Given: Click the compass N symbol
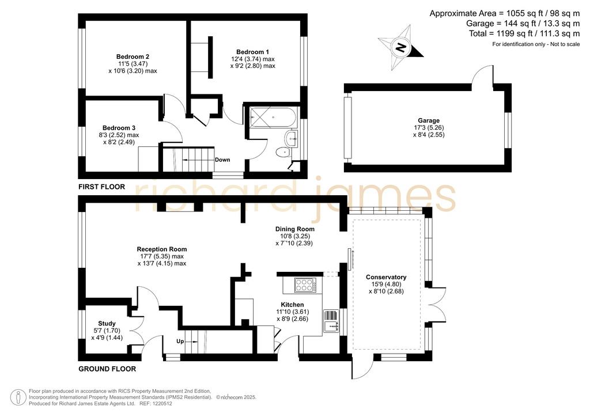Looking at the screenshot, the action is pyautogui.click(x=400, y=47).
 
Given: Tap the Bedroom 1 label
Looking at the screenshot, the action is pyautogui.click(x=252, y=52).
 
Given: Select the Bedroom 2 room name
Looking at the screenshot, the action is pyautogui.click(x=133, y=57).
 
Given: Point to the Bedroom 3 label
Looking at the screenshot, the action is pyautogui.click(x=119, y=128).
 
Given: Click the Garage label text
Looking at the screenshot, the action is pyautogui.click(x=429, y=120).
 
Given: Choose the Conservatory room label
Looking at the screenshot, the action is pyautogui.click(x=386, y=277).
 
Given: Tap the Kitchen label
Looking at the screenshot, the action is pyautogui.click(x=292, y=305).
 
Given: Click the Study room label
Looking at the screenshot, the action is pyautogui.click(x=107, y=323).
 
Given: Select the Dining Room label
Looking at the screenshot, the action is pyautogui.click(x=294, y=229).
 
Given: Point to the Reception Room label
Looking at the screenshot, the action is pyautogui.click(x=162, y=249).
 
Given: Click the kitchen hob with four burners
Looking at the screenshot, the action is pyautogui.click(x=305, y=285).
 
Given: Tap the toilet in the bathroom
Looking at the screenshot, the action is pyautogui.click(x=282, y=153).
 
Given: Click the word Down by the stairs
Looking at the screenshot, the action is pyautogui.click(x=222, y=160).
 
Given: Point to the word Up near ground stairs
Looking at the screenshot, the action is pyautogui.click(x=180, y=342).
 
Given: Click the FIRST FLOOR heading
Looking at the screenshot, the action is pyautogui.click(x=101, y=187).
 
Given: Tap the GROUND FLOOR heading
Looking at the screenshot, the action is pyautogui.click(x=107, y=369).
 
